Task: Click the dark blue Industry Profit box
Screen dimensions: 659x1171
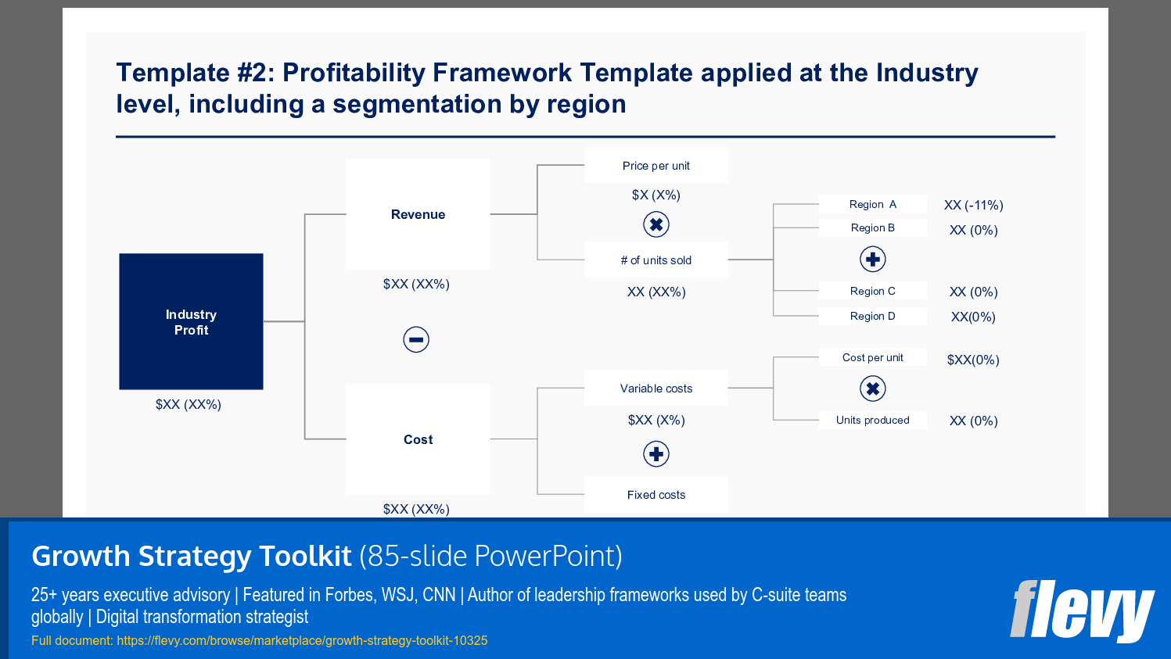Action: pyautogui.click(x=191, y=321)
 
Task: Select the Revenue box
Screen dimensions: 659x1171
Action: pyautogui.click(x=418, y=214)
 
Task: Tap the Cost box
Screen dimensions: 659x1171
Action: pyautogui.click(x=418, y=439)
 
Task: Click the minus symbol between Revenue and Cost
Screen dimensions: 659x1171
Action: pyautogui.click(x=416, y=339)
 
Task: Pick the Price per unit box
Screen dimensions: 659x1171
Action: pyautogui.click(x=656, y=166)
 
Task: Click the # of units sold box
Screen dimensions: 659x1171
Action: pyautogui.click(x=656, y=260)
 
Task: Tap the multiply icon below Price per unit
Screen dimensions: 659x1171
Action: pyautogui.click(x=656, y=225)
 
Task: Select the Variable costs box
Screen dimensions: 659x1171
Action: pyautogui.click(x=656, y=389)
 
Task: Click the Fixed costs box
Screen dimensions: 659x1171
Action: pyautogui.click(x=656, y=495)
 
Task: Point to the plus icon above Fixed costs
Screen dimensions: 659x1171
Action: pyautogui.click(x=656, y=454)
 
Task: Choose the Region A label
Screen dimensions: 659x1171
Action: pyautogui.click(x=872, y=204)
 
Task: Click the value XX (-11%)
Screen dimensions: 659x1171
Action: pyautogui.click(x=973, y=206)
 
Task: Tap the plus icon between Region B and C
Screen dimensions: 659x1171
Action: pyautogui.click(x=873, y=260)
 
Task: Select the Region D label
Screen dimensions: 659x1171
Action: pyautogui.click(x=872, y=316)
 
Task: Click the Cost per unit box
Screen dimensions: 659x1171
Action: pyautogui.click(x=872, y=357)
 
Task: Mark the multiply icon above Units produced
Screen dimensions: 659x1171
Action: pyautogui.click(x=873, y=389)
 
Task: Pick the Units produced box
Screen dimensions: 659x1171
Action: pyautogui.click(x=872, y=420)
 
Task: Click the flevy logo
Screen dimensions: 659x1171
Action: pyautogui.click(x=1081, y=611)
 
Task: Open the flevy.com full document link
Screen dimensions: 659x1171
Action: pyautogui.click(x=302, y=641)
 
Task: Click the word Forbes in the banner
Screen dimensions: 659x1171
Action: pyautogui.click(x=348, y=595)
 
